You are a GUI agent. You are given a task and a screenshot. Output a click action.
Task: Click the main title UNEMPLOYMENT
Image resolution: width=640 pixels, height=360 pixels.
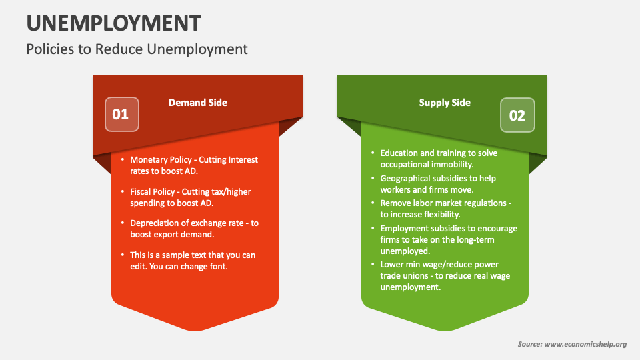[113, 23]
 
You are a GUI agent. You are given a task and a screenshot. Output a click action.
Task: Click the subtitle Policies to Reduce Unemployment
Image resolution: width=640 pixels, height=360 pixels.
[137, 49]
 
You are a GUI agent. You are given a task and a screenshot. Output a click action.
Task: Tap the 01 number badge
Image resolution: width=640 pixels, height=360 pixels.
[121, 114]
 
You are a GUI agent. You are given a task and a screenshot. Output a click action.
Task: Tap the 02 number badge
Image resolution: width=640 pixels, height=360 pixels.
[517, 115]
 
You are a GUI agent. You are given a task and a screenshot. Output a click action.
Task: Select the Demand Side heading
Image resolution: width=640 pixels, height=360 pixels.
[197, 103]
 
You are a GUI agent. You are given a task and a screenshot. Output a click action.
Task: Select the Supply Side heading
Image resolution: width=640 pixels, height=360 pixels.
[445, 103]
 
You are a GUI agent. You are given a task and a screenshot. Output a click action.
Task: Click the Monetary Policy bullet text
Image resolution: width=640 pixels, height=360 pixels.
[193, 165]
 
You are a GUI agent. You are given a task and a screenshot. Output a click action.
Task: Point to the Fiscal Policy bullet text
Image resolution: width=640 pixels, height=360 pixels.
[190, 197]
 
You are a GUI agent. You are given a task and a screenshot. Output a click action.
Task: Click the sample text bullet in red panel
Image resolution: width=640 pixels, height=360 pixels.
[192, 260]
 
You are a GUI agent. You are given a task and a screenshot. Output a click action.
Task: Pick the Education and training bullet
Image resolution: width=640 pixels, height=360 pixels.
[438, 158]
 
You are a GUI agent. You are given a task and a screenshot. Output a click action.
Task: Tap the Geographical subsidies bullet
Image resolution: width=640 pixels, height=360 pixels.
[438, 183]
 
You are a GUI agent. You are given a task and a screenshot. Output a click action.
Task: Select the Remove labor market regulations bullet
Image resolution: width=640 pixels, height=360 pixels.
[445, 208]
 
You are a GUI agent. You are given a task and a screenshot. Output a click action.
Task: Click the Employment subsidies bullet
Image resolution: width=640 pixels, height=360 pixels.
[448, 239]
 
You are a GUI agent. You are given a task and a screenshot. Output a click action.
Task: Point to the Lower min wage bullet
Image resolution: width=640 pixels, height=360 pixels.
[445, 275]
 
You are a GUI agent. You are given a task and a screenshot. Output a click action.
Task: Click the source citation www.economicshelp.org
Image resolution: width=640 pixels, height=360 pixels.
[572, 344]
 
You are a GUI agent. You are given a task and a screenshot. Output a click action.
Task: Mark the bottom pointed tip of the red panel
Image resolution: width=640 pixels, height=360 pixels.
[195, 329]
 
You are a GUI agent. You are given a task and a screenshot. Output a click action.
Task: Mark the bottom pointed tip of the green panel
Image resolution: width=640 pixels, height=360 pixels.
[445, 329]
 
